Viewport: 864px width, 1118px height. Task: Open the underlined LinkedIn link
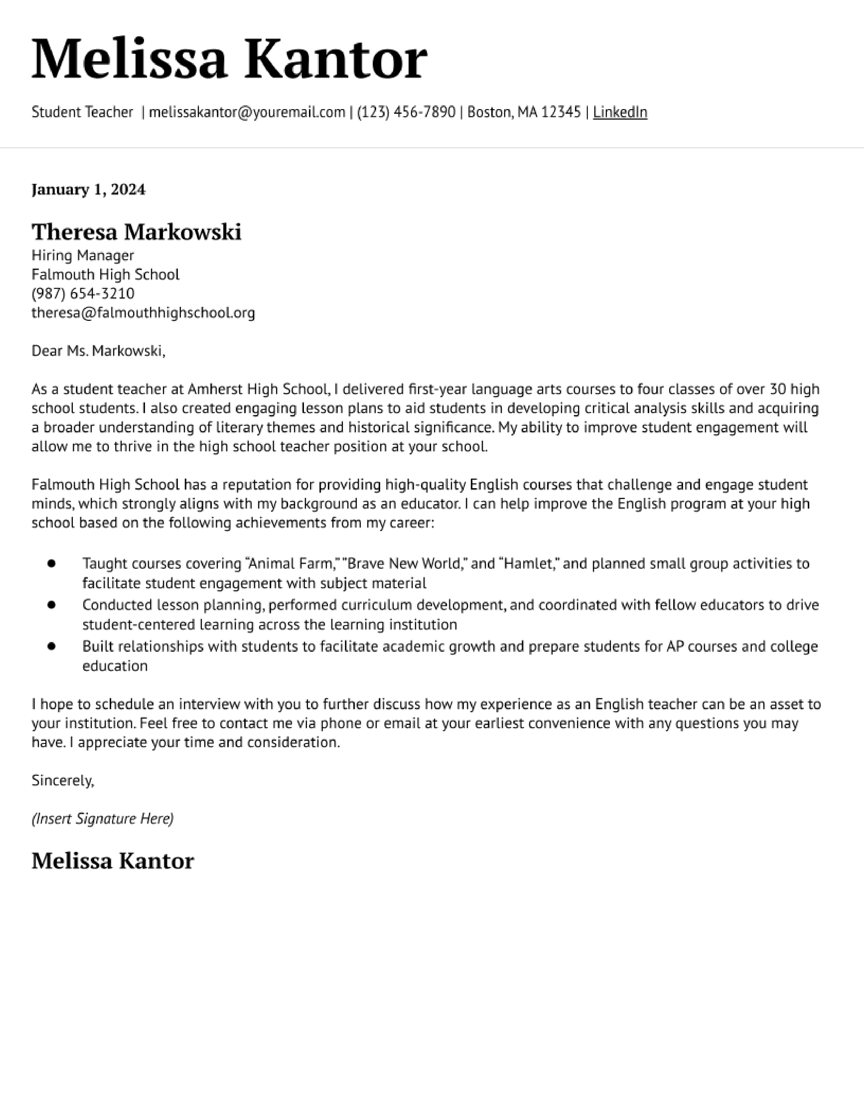tap(620, 112)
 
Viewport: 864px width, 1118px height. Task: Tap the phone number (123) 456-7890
tap(406, 112)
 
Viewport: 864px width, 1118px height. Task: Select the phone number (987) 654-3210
tap(83, 293)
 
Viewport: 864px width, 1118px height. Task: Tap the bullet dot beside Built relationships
tap(51, 646)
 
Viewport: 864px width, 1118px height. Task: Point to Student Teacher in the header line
tap(82, 112)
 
